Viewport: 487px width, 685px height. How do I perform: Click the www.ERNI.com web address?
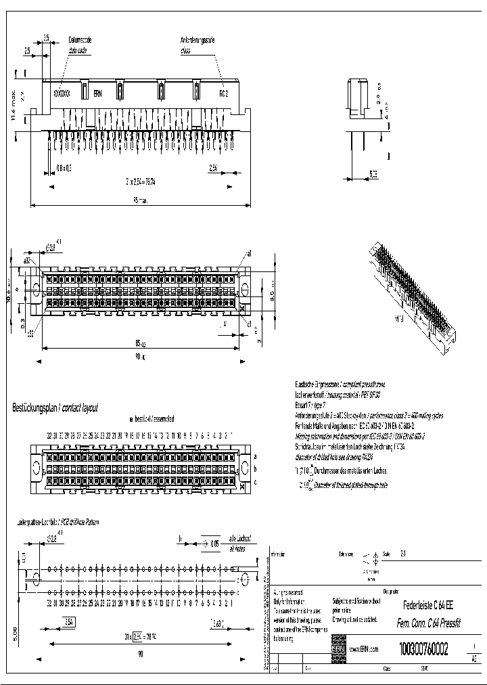click(365, 649)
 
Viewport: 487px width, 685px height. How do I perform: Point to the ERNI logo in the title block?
click(338, 649)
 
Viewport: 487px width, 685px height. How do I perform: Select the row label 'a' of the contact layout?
click(254, 456)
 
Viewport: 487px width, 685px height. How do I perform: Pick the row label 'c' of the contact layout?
click(254, 481)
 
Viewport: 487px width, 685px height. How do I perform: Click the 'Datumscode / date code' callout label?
click(80, 45)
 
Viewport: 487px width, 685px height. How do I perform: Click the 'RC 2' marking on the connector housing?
click(223, 93)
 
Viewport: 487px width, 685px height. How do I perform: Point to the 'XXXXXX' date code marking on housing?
click(62, 93)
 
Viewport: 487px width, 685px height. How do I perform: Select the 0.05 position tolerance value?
click(214, 542)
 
